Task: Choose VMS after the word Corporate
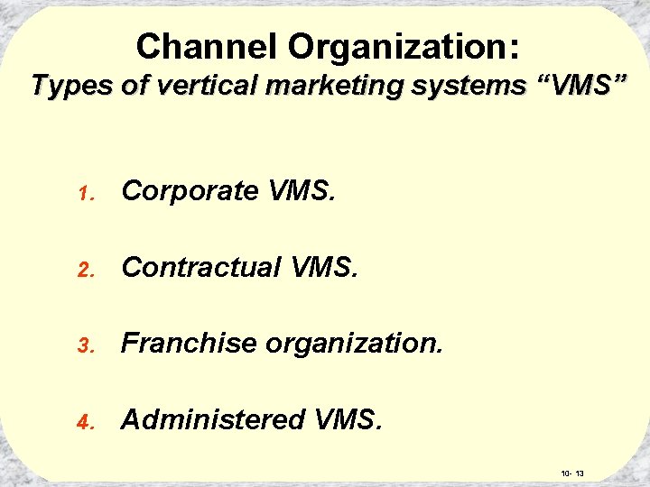click(302, 191)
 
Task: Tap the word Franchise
click(187, 343)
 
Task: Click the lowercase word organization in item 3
click(352, 344)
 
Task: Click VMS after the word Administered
click(348, 419)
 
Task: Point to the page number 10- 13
click(572, 473)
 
